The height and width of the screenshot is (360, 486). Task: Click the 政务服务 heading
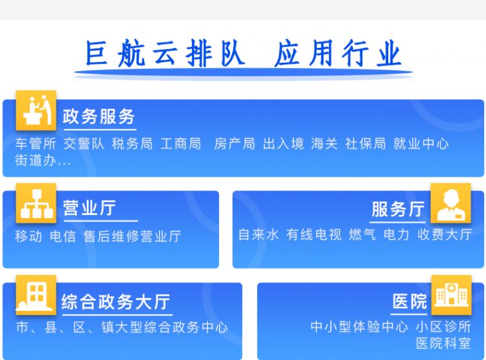tap(98, 117)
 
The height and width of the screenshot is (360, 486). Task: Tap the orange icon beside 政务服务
tap(36, 110)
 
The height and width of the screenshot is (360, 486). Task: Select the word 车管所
tap(36, 144)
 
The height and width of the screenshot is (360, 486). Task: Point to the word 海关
tap(324, 144)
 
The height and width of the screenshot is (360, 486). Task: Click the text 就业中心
tap(421, 144)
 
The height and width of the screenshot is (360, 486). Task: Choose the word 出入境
tap(283, 144)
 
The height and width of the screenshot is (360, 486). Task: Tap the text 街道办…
tap(43, 161)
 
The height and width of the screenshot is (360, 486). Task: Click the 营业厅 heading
tap(89, 208)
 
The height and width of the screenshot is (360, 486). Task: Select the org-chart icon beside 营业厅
tap(36, 203)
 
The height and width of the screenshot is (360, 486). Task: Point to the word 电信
tap(63, 236)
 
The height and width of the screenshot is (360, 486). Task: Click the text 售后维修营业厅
tap(132, 236)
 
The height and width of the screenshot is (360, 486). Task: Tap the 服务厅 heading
tap(398, 209)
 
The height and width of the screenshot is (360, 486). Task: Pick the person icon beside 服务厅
tap(450, 203)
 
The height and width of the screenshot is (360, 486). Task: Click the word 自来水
tap(259, 234)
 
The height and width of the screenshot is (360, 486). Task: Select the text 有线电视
tap(314, 234)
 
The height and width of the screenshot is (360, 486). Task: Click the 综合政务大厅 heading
tap(116, 302)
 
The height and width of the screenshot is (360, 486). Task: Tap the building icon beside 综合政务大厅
tap(36, 295)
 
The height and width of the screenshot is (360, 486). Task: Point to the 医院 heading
tap(410, 301)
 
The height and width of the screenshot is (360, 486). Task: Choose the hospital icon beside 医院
tap(451, 295)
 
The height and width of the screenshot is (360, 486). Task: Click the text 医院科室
tap(443, 343)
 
